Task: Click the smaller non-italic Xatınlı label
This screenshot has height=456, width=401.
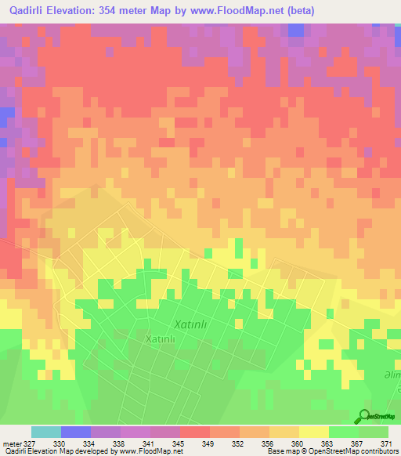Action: [164, 338]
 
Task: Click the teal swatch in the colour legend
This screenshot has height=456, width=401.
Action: [46, 432]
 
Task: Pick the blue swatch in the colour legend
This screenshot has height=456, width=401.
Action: [76, 432]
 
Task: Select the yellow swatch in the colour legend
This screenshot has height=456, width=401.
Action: [313, 432]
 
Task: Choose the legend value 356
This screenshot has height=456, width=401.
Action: [267, 443]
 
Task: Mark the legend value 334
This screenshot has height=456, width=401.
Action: [89, 443]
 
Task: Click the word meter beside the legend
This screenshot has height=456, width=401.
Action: [11, 443]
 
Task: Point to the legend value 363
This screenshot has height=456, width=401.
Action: [327, 443]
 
